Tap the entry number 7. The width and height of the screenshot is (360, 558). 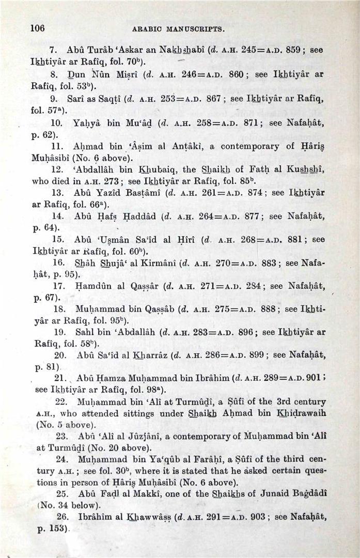(52, 51)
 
